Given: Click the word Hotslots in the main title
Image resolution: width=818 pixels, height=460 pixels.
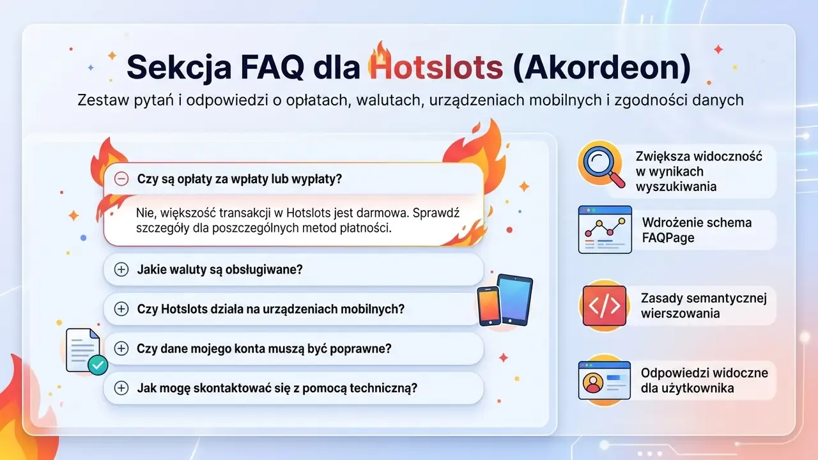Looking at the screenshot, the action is pos(436,68).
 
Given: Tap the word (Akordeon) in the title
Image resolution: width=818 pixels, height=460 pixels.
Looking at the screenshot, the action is pos(602,68).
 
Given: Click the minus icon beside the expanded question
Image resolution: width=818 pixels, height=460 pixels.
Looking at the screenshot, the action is pos(121,179).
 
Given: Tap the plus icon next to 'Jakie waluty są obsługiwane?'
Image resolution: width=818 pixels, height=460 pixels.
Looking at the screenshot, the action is pos(121,270).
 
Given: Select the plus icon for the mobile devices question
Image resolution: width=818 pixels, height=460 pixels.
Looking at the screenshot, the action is pos(121,309).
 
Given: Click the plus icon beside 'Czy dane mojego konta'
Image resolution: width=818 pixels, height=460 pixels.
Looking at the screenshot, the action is pos(121,348).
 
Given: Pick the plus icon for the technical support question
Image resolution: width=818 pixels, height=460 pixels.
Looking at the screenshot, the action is pos(121,388).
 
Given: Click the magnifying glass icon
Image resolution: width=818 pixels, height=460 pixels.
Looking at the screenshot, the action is pos(602,165).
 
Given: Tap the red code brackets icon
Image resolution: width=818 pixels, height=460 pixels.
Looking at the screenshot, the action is pos(605,306).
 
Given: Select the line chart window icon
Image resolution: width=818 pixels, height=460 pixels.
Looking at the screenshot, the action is pos(605,229).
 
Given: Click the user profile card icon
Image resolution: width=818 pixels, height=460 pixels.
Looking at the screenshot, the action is pos(605,380).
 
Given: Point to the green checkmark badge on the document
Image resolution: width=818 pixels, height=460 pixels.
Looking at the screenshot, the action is pos(98,365).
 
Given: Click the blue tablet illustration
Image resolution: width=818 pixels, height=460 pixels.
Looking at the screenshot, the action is pos(515,300).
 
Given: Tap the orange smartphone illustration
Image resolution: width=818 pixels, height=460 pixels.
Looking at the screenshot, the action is pos(489,306).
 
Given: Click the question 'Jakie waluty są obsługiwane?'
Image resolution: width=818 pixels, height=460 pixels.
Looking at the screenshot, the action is pos(220,270).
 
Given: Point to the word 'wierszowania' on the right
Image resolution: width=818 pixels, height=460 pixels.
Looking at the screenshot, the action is pos(681,313).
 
